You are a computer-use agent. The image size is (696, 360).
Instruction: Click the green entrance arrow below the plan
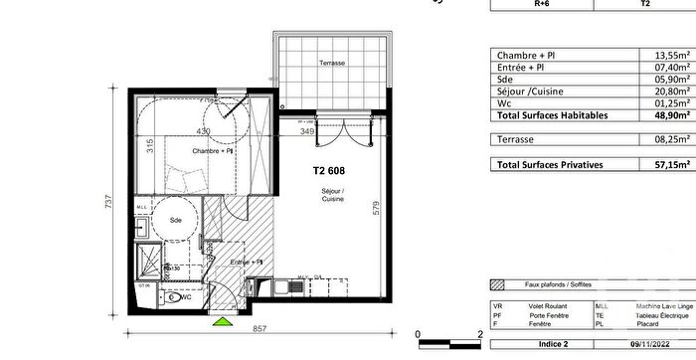222,321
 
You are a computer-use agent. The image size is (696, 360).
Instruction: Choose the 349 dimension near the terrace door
308,131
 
